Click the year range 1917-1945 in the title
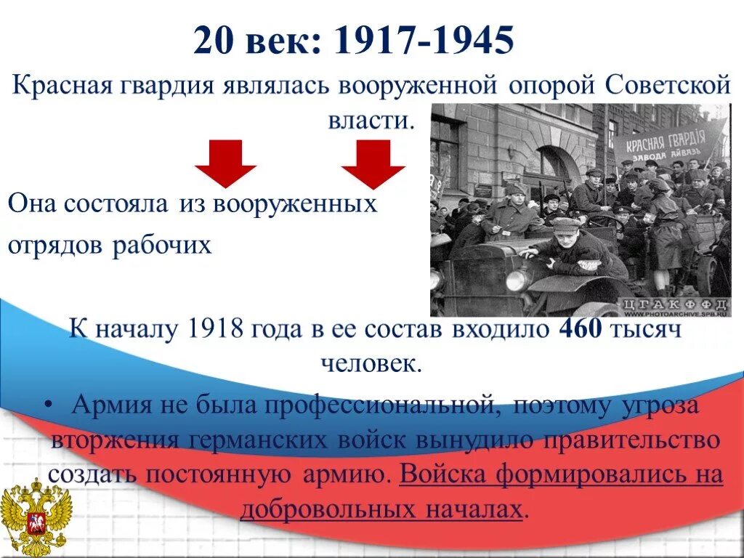click(424, 41)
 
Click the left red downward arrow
click(225, 163)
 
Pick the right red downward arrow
click(373, 163)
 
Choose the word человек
click(371, 363)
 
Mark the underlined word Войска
click(442, 475)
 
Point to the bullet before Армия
click(56, 406)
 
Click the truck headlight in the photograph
click(517, 280)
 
